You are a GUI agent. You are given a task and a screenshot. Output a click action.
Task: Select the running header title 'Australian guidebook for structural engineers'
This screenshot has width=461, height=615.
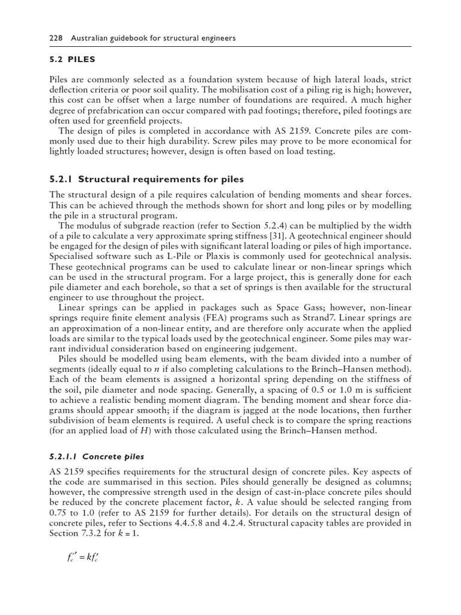pos(153,38)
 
